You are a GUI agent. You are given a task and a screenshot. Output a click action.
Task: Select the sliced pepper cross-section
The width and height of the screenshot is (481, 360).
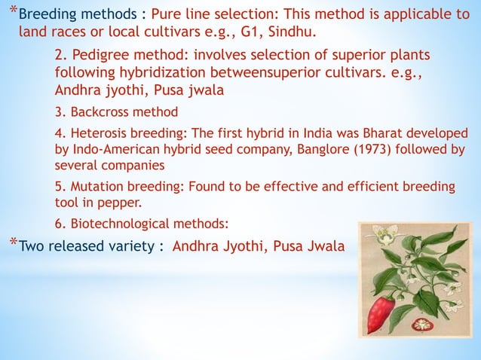click(x=419, y=325)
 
